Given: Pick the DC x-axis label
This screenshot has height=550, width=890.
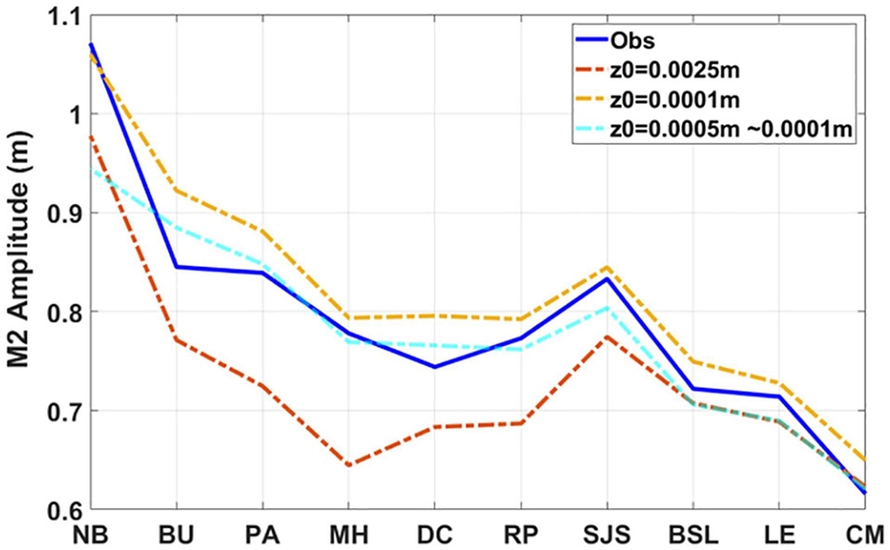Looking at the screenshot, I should pyautogui.click(x=434, y=536).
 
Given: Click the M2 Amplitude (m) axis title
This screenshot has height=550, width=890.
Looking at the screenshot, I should pyautogui.click(x=20, y=263).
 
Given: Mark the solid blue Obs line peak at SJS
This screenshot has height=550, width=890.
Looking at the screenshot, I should pyautogui.click(x=607, y=279).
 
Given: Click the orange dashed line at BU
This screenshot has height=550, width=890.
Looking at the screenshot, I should pyautogui.click(x=176, y=190).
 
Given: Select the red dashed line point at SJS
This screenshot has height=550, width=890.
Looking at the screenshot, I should pyautogui.click(x=607, y=336).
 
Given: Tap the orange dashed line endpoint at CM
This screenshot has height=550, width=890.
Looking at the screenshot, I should pyautogui.click(x=865, y=460).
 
